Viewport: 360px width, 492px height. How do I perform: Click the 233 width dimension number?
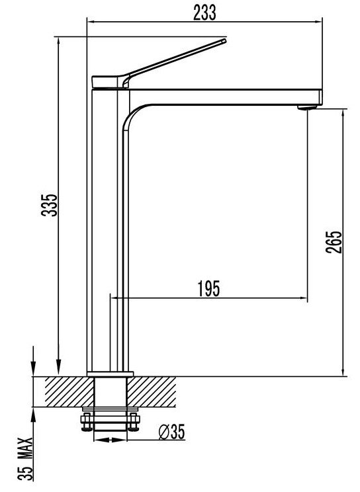pos(204,13)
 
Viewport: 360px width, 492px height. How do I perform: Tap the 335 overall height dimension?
pos(50,205)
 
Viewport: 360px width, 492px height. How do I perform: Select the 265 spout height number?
pos(334,242)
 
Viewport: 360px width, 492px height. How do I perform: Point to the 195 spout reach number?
pos(209,289)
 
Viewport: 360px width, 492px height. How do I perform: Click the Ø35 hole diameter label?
pos(172,432)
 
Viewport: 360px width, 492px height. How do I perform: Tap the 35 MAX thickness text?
pos(25,459)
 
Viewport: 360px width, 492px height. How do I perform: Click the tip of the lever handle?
pos(224,40)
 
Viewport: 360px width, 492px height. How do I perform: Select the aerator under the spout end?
pos(307,107)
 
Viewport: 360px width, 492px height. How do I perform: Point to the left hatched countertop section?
pos(69,391)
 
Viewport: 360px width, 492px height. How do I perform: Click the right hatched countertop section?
pos(152,391)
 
